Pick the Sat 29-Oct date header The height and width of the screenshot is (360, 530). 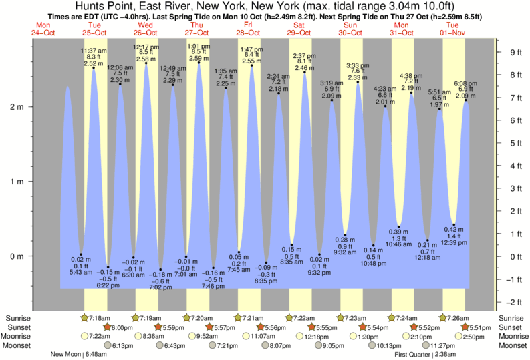click(x=299, y=29)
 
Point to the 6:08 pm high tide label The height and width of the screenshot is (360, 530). click(x=466, y=90)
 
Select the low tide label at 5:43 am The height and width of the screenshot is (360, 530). click(x=81, y=266)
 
